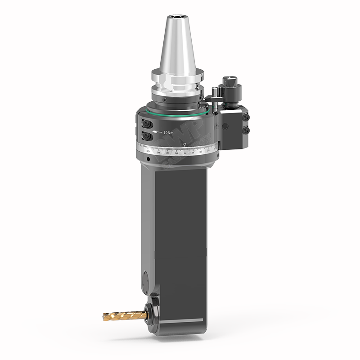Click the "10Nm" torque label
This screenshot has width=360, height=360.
168,133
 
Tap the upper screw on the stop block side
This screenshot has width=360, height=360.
246,117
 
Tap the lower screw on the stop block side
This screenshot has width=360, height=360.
246,130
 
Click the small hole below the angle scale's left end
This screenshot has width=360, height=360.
148,160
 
